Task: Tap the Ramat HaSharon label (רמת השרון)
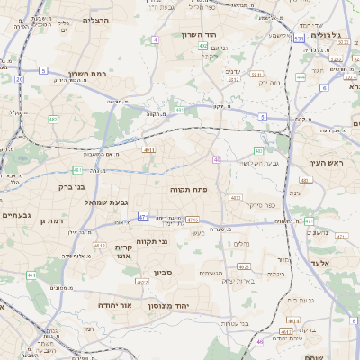tap(88, 75)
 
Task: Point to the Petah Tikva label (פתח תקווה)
tap(188, 190)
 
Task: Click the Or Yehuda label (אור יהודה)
tap(113, 305)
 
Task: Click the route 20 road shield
tap(19, 79)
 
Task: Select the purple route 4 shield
tap(155, 40)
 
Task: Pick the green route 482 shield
tap(53, 119)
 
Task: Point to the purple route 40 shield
tap(217, 159)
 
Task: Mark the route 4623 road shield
tap(243, 267)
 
